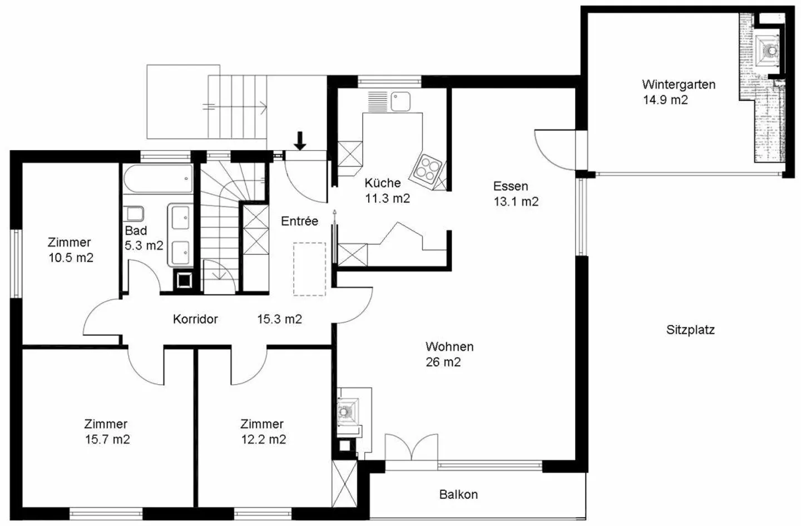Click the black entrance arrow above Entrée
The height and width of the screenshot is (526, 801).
point(300,141)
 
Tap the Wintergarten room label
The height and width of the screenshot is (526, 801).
point(679,85)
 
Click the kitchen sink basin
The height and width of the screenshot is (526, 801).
point(400,101)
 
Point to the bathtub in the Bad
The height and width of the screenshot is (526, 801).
point(159,179)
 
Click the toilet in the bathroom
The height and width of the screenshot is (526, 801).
point(134,214)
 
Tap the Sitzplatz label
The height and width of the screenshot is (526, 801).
point(690,330)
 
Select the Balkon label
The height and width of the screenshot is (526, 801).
point(458,494)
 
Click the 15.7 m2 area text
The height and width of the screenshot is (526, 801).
point(107,439)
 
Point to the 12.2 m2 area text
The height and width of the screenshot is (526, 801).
point(264,439)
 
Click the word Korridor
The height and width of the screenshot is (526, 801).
point(195,319)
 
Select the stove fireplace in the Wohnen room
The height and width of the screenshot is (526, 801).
point(348,411)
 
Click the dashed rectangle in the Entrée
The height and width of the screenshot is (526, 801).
point(310,269)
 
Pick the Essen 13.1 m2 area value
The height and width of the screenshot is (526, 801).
point(516,201)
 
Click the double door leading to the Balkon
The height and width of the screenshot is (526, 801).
point(412,448)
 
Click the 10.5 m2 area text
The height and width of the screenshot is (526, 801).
point(71,258)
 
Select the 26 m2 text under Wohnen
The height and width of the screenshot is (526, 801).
point(443,362)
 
